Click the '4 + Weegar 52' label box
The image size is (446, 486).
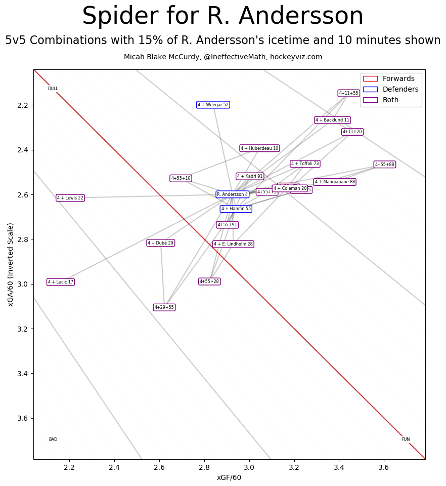click(x=213, y=105)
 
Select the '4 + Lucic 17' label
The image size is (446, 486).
click(x=61, y=282)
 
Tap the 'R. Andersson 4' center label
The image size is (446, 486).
click(x=233, y=194)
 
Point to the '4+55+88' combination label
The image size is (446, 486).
click(x=384, y=165)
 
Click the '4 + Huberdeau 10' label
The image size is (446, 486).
click(x=259, y=148)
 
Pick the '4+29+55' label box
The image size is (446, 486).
click(x=164, y=307)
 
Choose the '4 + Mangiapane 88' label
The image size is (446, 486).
click(x=335, y=182)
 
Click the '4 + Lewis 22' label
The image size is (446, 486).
click(x=70, y=198)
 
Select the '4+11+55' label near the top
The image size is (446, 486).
click(x=348, y=93)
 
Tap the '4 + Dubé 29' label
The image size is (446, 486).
click(x=160, y=243)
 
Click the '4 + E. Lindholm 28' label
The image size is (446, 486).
click(x=233, y=244)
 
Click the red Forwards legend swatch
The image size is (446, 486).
click(x=370, y=78)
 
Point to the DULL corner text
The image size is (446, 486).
click(x=53, y=89)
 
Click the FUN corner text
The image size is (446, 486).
click(x=406, y=439)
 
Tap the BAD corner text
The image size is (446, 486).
click(x=53, y=439)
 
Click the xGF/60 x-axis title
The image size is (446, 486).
click(x=229, y=477)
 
